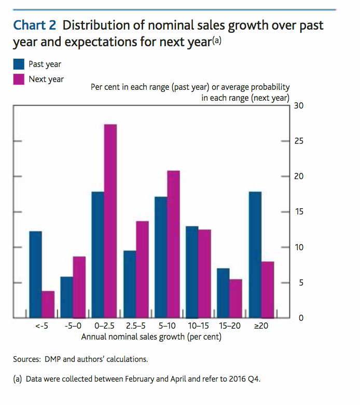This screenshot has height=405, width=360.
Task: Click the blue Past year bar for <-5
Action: coord(35,274)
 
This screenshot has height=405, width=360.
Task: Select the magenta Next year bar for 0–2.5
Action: coord(110,221)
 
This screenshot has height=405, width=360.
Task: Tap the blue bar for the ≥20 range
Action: coord(255,254)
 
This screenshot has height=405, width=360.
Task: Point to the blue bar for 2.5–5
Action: coord(129,284)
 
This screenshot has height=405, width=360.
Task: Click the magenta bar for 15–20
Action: coord(236,298)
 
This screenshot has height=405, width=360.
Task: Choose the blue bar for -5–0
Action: coord(66,297)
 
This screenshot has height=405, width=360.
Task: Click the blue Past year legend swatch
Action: coord(19,64)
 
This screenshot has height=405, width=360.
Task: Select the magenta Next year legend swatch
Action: coord(19,79)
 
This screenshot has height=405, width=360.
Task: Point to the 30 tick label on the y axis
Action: coord(298,106)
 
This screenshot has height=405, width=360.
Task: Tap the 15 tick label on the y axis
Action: coord(298,212)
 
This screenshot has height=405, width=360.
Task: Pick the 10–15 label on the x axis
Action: coord(198,327)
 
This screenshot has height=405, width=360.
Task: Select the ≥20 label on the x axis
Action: coord(260,327)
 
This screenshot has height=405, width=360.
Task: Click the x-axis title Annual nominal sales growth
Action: coord(151,337)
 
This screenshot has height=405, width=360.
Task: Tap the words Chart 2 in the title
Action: coord(35,25)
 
